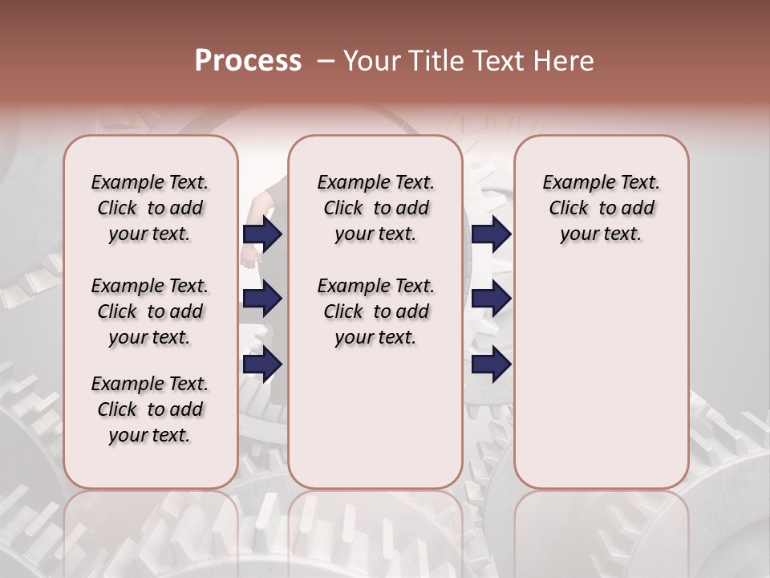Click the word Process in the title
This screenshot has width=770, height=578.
pos(248,61)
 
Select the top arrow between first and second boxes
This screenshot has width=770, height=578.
pos(262,234)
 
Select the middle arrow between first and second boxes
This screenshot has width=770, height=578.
pos(262,299)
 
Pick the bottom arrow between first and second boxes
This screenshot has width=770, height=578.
pos(262,364)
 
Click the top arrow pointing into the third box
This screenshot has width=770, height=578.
pos(491,234)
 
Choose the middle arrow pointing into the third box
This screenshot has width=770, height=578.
pos(491,299)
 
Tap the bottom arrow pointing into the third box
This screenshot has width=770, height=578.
pos(491,364)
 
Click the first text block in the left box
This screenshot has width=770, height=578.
pos(150,208)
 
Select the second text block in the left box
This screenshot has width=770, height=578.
pos(150,311)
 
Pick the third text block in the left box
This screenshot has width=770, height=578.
pos(150,409)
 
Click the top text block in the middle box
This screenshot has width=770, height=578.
pos(375,208)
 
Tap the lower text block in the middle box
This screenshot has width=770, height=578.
pos(375,311)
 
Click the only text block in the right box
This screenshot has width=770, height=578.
pos(601,208)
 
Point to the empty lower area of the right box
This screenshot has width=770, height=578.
pos(601,369)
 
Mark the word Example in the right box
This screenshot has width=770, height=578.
pos(573,183)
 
